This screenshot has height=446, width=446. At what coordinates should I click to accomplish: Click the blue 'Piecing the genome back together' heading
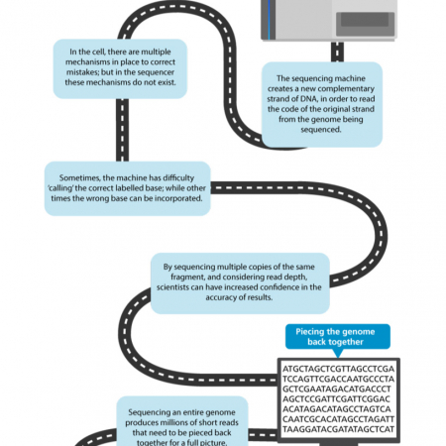(x=335, y=337)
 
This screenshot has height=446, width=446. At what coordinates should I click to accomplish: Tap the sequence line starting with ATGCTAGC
(x=338, y=369)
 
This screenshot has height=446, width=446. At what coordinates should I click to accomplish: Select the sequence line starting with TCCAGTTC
(x=338, y=379)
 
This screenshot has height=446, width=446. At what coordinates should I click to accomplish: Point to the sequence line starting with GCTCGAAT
(x=337, y=389)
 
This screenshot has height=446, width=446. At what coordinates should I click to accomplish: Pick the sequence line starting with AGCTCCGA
(x=336, y=399)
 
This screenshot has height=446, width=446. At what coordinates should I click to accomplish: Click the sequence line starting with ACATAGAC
(x=337, y=409)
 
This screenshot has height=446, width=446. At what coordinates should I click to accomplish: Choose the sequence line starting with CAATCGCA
(x=338, y=419)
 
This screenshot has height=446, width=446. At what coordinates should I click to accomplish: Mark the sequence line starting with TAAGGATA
(x=338, y=429)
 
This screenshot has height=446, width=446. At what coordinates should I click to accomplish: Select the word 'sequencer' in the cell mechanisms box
(x=156, y=72)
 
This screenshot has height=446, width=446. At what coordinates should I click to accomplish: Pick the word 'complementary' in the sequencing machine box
(x=346, y=89)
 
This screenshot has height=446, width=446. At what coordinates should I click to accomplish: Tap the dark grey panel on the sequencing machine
(x=365, y=20)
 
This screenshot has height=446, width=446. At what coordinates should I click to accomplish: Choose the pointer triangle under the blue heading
(x=338, y=353)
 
